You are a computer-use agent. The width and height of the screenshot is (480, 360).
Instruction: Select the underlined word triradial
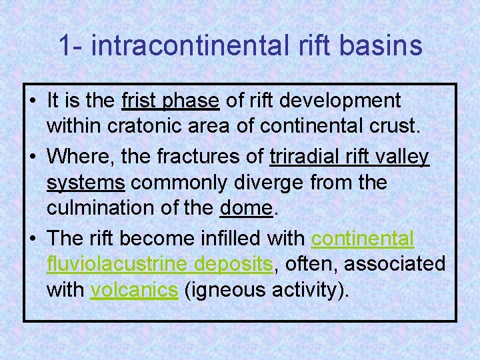point(307,156)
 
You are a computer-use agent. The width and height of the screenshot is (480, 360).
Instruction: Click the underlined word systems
point(86,183)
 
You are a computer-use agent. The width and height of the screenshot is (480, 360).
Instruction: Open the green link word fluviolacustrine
point(117,264)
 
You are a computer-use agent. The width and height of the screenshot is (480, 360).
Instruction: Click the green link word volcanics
point(134,291)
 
